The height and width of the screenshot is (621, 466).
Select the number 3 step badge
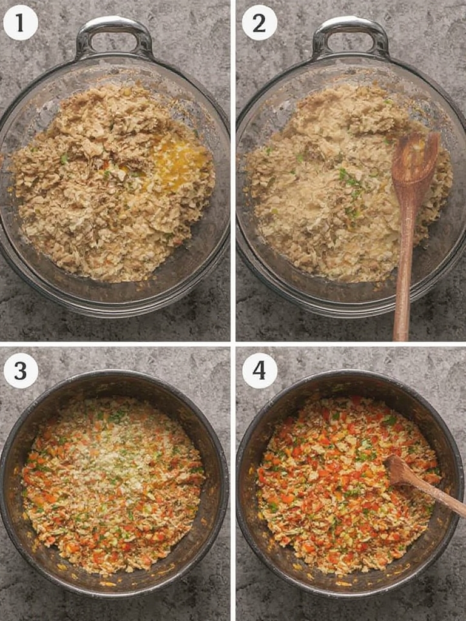(21, 371)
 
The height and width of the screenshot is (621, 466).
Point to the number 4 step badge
(259, 371)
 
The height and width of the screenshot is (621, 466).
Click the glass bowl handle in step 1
(114, 28)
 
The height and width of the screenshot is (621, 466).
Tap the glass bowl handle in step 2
(350, 28)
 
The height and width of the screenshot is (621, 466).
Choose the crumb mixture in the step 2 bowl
(349, 182)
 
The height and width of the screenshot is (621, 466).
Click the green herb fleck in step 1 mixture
(64, 159)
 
